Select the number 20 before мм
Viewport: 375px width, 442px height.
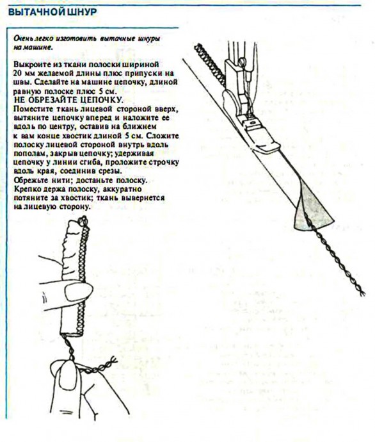pos(17,73)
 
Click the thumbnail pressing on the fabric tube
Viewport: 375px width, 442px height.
pos(79,291)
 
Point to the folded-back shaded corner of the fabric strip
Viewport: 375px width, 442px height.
pos(312,210)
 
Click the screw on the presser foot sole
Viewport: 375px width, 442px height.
pos(253,122)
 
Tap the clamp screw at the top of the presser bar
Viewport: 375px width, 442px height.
pos(242,61)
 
